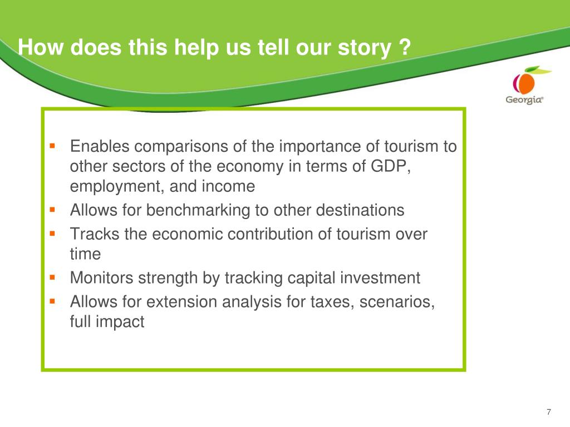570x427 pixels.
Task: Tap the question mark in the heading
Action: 405,47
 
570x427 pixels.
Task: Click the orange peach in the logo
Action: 525,83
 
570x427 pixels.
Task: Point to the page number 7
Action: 548,412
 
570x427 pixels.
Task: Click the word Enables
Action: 100,146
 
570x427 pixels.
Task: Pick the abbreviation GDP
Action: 389,166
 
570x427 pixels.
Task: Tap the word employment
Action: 117,187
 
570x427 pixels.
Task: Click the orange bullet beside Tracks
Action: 52,234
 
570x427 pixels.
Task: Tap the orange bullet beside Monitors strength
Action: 52,277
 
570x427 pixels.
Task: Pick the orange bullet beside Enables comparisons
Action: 52,146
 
